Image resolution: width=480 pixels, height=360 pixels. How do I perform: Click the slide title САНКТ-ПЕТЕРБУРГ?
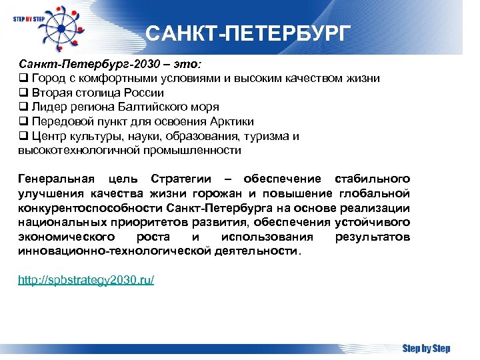[x=247, y=33]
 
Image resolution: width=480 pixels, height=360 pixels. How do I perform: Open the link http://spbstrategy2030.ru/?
[x=86, y=280]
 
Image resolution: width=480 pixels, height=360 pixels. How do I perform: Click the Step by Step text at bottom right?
[x=426, y=348]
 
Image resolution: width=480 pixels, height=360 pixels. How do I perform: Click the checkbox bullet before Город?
[x=22, y=79]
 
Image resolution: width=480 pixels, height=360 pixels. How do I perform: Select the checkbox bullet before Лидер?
[x=22, y=107]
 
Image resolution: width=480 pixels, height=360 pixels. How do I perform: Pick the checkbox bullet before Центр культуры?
[x=22, y=137]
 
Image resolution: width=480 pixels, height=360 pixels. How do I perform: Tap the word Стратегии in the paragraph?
[x=181, y=179]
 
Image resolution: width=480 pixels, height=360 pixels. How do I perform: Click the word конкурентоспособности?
[x=91, y=208]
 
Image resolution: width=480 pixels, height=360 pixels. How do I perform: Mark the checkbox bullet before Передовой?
[x=22, y=122]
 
